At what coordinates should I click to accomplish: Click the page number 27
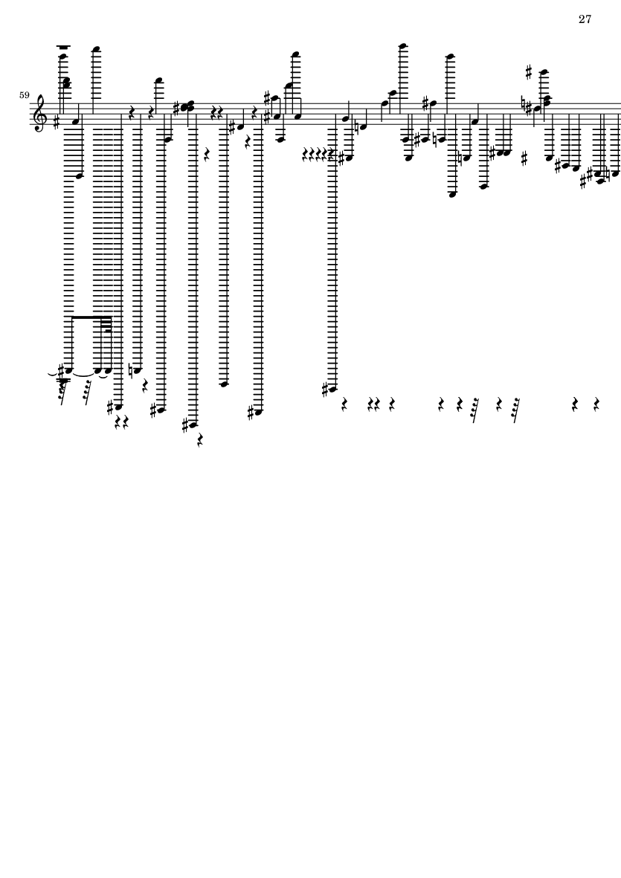pyautogui.click(x=585, y=19)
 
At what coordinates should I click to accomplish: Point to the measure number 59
pyautogui.click(x=24, y=95)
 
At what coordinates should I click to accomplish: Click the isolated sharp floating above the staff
pyautogui.click(x=528, y=71)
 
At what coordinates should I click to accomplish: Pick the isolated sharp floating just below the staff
pyautogui.click(x=524, y=159)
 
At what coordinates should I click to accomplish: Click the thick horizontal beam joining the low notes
pyautogui.click(x=91, y=317)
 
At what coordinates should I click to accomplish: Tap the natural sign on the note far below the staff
pyautogui.click(x=130, y=370)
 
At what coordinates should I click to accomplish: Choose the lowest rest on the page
pyautogui.click(x=200, y=442)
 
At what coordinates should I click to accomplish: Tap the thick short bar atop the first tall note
pyautogui.click(x=64, y=47)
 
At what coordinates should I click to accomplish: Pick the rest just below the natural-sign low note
pyautogui.click(x=145, y=385)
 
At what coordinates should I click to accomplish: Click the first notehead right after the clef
pyautogui.click(x=75, y=121)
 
